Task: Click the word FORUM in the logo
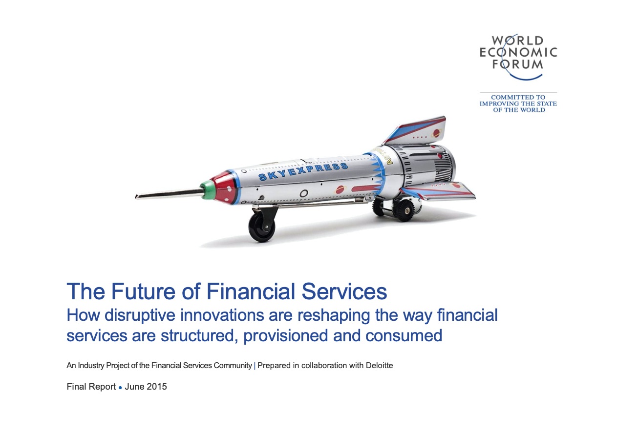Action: click(517, 64)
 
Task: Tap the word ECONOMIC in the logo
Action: click(518, 52)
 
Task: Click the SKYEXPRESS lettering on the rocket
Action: click(303, 171)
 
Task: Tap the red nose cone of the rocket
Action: click(225, 187)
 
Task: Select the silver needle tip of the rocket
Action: click(169, 193)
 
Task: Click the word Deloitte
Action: click(379, 365)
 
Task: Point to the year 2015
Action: click(156, 387)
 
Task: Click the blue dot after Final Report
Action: click(120, 388)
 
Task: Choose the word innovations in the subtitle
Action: click(222, 315)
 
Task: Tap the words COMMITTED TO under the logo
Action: click(518, 97)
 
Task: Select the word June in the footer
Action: click(134, 387)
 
